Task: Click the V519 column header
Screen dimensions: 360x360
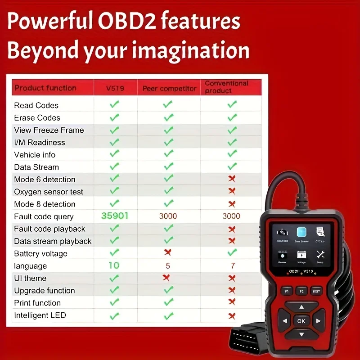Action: [115, 88]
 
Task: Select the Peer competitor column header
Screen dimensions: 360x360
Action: [169, 89]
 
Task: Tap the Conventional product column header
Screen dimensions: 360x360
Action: [226, 87]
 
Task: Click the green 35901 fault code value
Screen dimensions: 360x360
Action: [115, 216]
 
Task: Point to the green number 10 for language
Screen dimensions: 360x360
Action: [114, 265]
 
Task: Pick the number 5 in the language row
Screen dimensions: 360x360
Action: [168, 266]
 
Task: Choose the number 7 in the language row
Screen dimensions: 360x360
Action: [232, 266]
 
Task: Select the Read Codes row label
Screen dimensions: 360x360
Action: [36, 105]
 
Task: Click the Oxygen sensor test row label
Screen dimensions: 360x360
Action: [49, 192]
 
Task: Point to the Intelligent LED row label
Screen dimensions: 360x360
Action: [40, 315]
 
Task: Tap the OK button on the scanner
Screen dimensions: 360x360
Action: [301, 321]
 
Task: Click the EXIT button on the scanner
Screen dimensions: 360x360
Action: [317, 291]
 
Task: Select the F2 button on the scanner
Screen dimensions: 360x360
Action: [301, 291]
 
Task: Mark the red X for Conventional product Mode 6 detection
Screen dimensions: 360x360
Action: [232, 179]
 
